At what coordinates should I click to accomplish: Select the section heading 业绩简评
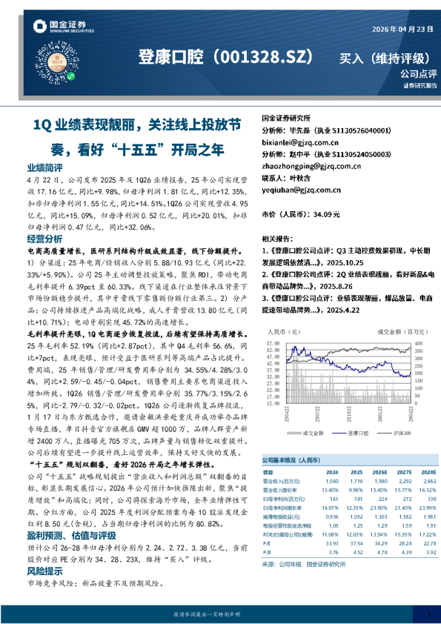point(44,169)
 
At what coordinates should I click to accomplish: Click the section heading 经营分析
point(44,239)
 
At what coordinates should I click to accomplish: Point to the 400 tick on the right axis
point(414,344)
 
